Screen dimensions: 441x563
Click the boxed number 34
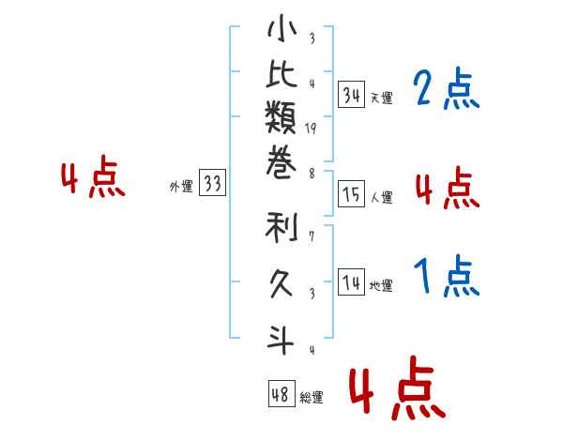352,95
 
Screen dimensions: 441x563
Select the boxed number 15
352,194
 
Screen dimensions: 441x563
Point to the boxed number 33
212,184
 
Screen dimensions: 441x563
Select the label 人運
381,197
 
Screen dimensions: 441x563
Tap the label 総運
312,397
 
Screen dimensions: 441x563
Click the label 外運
180,187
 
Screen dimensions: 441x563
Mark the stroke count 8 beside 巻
312,173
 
